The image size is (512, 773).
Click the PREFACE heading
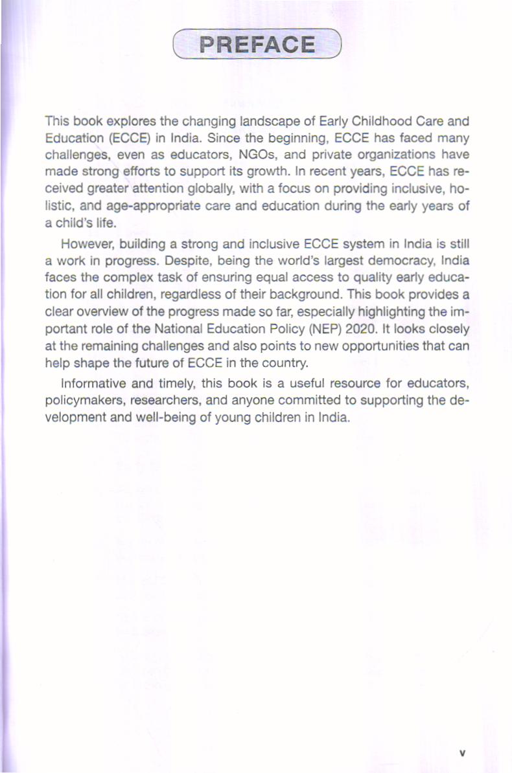[257, 45]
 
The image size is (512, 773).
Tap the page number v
[462, 753]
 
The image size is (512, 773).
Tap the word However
[87, 245]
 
